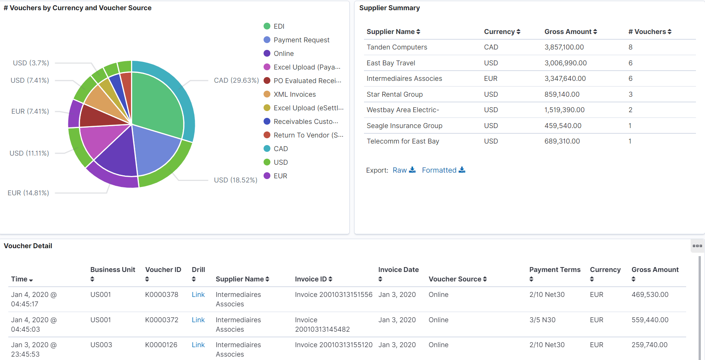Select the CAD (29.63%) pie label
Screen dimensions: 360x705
coord(236,80)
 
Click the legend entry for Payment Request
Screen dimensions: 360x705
coord(301,40)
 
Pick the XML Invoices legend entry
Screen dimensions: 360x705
coord(294,94)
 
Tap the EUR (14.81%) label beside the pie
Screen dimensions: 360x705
coord(28,193)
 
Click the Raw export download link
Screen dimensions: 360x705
coord(404,170)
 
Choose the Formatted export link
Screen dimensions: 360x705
coord(443,170)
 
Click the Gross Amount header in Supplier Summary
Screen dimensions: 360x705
coord(570,32)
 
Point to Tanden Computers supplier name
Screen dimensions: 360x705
coord(396,47)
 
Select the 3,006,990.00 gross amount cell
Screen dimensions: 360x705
coord(565,63)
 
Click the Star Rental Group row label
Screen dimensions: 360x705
coord(394,94)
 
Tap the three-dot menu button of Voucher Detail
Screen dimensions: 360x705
coord(697,246)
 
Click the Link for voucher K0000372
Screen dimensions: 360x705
coord(198,320)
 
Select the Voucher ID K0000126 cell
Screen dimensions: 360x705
coord(161,345)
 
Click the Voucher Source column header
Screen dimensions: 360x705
coord(457,279)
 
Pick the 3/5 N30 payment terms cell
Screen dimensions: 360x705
coord(542,320)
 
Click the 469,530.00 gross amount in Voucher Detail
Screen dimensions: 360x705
coord(649,295)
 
